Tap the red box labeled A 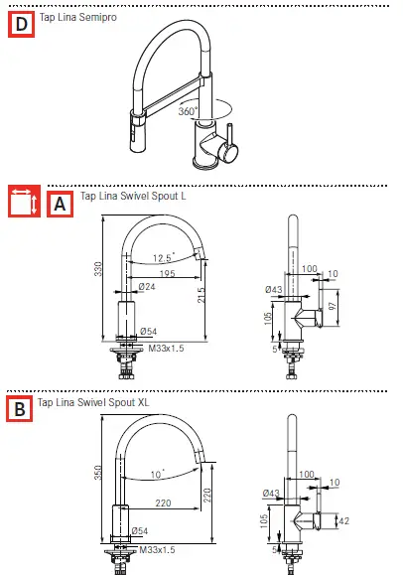coord(59,204)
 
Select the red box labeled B coord(18,408)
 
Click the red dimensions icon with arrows coord(24,203)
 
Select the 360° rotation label coord(189,111)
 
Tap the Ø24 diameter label coord(147,288)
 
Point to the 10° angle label coord(157,474)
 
